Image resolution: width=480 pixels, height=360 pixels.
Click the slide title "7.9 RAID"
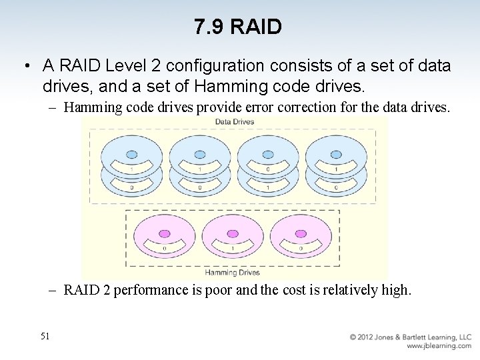(238, 27)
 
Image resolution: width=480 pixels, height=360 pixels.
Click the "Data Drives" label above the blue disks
(234, 121)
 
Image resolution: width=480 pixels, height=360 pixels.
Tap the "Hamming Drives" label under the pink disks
(232, 272)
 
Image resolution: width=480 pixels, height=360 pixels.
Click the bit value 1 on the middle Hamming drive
(232, 249)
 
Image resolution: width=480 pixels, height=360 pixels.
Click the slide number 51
(45, 337)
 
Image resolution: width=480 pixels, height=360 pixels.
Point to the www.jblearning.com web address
(439, 346)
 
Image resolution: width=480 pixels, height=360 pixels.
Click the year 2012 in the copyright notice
(369, 337)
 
